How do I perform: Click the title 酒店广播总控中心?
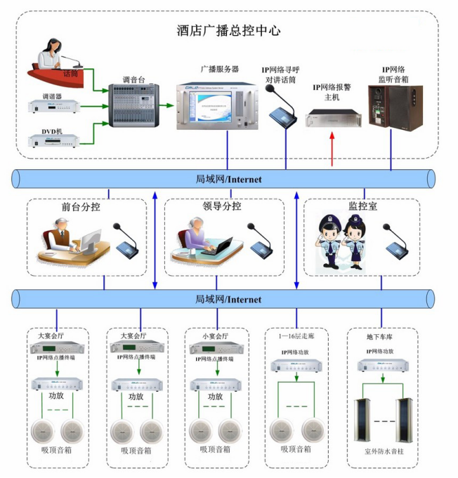point(228,31)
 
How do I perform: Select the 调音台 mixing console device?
point(133,104)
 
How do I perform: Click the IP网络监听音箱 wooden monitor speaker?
point(396,107)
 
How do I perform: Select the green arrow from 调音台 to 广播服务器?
point(167,106)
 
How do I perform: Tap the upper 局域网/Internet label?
point(228,180)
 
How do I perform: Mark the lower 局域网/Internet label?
point(228,300)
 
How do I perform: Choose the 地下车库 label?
point(379,337)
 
